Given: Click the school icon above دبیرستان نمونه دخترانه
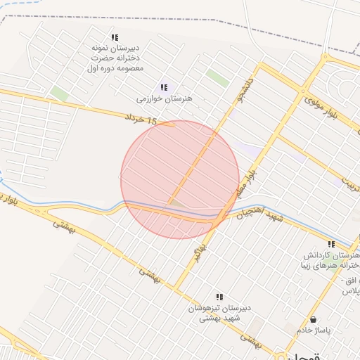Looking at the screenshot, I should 115,38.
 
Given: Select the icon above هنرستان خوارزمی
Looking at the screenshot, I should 164,88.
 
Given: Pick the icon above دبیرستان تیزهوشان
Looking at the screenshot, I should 219,297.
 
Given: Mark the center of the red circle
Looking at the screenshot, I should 180,180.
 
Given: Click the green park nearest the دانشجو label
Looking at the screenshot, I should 218,78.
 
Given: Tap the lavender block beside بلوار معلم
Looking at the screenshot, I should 246,149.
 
